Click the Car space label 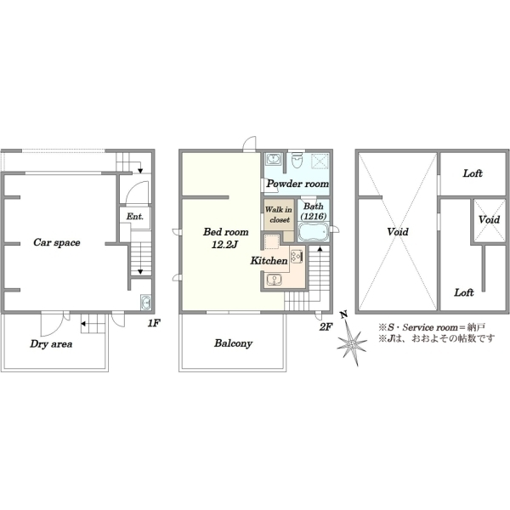57,242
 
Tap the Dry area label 51,344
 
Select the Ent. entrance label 135,217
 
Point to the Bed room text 226,232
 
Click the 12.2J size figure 225,245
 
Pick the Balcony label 233,343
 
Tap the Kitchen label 269,261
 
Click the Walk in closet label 279,215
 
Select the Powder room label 298,184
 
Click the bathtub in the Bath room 313,232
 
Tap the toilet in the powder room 297,160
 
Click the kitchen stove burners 297,257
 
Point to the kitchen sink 274,280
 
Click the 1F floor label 154,323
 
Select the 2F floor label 326,327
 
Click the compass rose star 352,343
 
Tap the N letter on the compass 343,314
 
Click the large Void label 398,232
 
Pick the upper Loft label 473,173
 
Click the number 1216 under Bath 313,216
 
